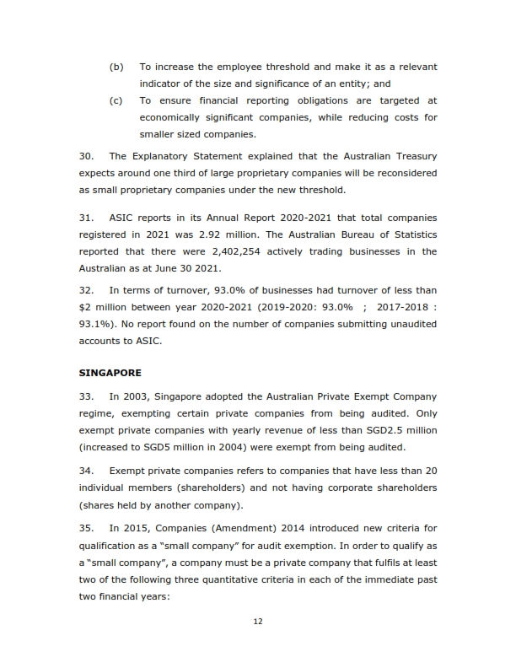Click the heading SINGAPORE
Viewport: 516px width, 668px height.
[x=110, y=372]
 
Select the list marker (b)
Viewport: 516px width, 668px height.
[x=116, y=66]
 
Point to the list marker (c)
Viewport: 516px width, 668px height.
[x=116, y=100]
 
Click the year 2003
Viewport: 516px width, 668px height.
[x=137, y=395]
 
